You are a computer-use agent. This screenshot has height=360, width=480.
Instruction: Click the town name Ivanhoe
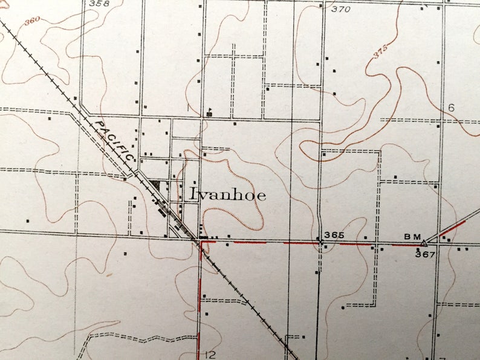228,194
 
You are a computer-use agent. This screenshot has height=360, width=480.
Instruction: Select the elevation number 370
340,9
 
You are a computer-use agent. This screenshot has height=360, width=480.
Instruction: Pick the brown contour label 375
380,53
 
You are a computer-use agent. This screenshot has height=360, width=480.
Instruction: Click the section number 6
450,108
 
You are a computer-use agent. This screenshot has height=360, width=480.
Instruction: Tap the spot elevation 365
334,235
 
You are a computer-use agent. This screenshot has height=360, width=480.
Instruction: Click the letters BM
412,236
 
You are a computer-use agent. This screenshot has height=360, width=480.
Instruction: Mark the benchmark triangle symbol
424,243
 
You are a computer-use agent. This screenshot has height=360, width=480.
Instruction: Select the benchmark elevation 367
425,254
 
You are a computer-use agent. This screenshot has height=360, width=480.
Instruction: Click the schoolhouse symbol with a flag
209,112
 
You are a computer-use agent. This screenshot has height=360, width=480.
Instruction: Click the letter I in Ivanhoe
193,194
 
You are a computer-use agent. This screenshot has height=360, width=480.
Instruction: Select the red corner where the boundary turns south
201,242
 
